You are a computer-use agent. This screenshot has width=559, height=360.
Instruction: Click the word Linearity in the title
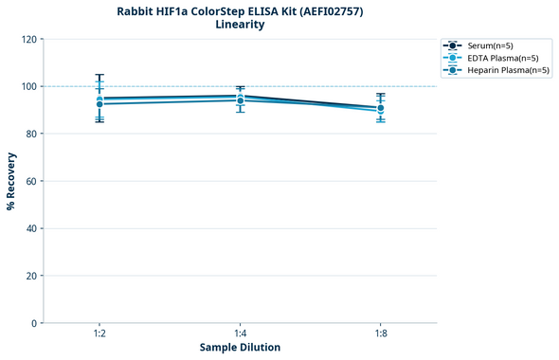(x=240, y=25)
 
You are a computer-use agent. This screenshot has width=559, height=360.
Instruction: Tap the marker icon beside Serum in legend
(x=454, y=45)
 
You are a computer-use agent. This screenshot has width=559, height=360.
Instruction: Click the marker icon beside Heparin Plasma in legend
(x=454, y=70)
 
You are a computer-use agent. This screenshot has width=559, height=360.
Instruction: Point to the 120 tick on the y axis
(x=28, y=40)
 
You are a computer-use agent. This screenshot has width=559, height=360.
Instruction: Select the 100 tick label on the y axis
(x=28, y=87)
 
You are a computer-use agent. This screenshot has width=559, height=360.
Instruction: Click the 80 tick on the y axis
(x=31, y=135)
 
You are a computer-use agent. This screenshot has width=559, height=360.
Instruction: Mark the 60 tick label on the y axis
(x=31, y=182)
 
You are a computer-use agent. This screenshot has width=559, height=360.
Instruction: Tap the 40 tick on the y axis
(x=31, y=229)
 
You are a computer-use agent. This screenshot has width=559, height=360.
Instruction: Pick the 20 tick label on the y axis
(x=31, y=277)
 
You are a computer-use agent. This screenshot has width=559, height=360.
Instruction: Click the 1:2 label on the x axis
(x=99, y=333)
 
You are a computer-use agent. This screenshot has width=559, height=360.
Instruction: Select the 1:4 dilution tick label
(x=240, y=333)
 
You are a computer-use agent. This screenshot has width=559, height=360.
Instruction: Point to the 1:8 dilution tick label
(x=380, y=333)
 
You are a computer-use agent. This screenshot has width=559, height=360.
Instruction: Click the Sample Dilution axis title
(x=240, y=348)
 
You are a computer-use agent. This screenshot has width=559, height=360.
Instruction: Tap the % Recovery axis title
(x=11, y=181)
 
